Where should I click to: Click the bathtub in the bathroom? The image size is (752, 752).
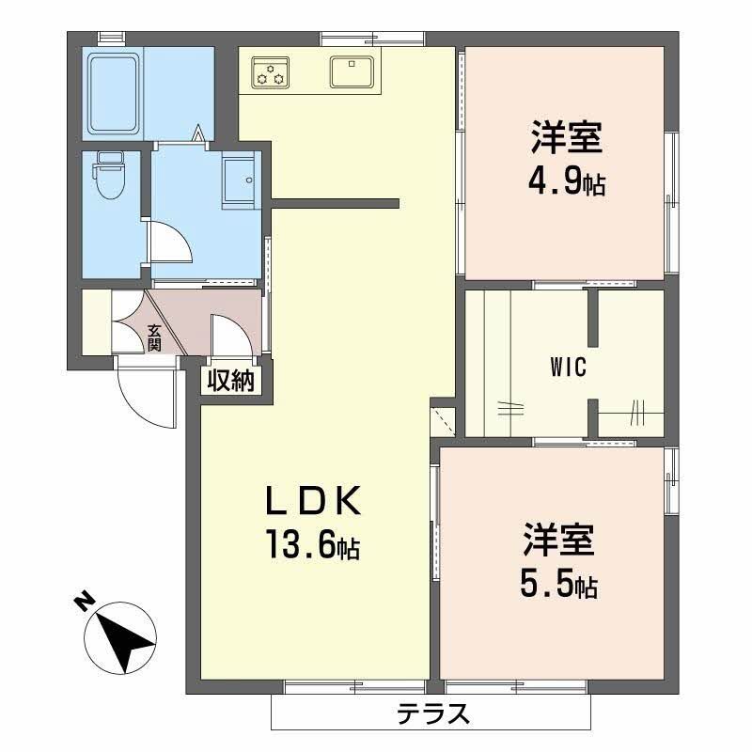pyautogui.click(x=114, y=93)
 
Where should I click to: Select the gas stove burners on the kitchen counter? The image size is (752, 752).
pyautogui.click(x=272, y=72)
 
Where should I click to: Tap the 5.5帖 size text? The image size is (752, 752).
pyautogui.click(x=558, y=587)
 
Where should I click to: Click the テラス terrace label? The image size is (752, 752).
pyautogui.click(x=432, y=715)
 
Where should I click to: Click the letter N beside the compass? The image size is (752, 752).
pyautogui.click(x=84, y=603)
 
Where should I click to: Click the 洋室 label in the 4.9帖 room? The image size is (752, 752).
pyautogui.click(x=565, y=138)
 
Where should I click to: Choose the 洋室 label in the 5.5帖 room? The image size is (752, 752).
pyautogui.click(x=558, y=542)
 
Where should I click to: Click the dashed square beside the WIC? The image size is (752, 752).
pyautogui.click(x=442, y=417)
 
